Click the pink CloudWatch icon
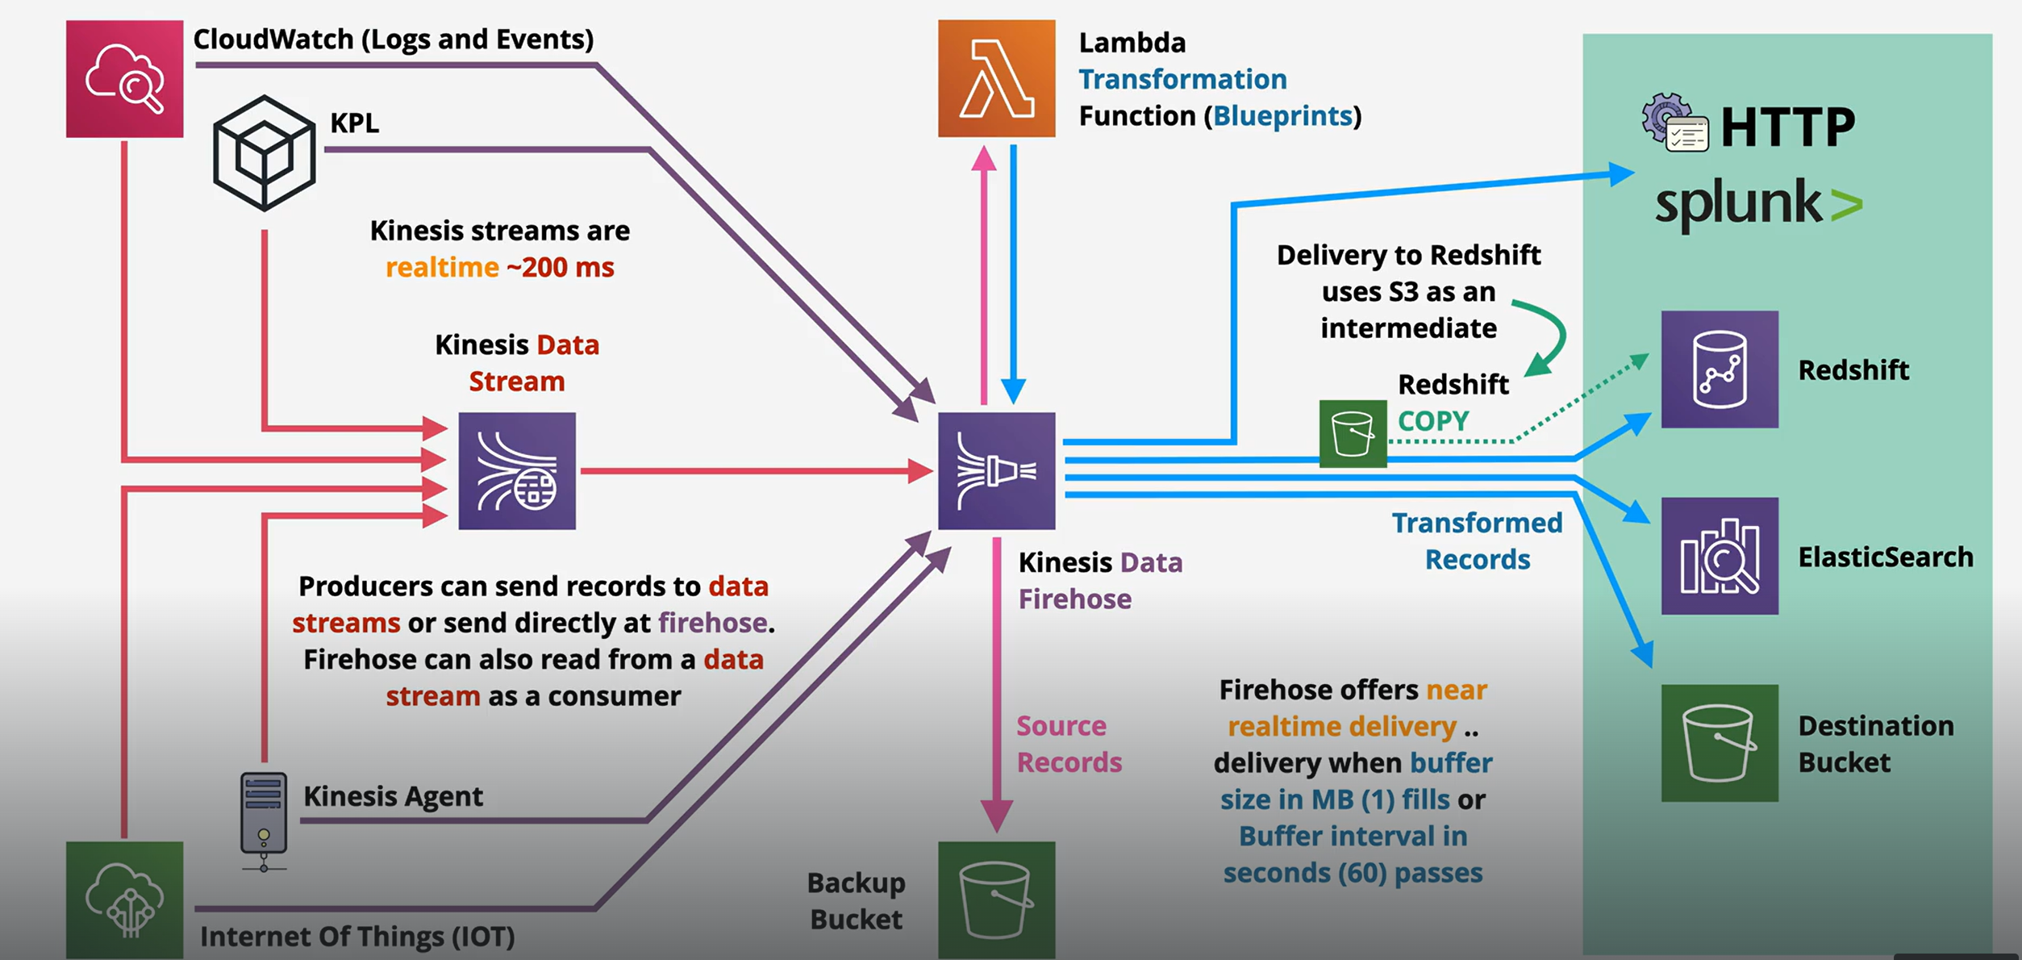pos(124,79)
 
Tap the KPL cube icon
pos(264,153)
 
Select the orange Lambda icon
pos(996,78)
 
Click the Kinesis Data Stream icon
pos(517,471)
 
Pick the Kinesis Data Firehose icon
pos(996,471)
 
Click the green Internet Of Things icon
pos(124,899)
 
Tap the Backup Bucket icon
pos(996,899)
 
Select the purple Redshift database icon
pos(1720,369)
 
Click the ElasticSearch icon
pos(1720,556)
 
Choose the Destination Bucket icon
pos(1720,743)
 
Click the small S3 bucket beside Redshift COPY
pos(1353,434)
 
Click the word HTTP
pos(1787,127)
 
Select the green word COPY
pos(1433,420)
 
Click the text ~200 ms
pos(561,267)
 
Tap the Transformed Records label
pos(1477,541)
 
